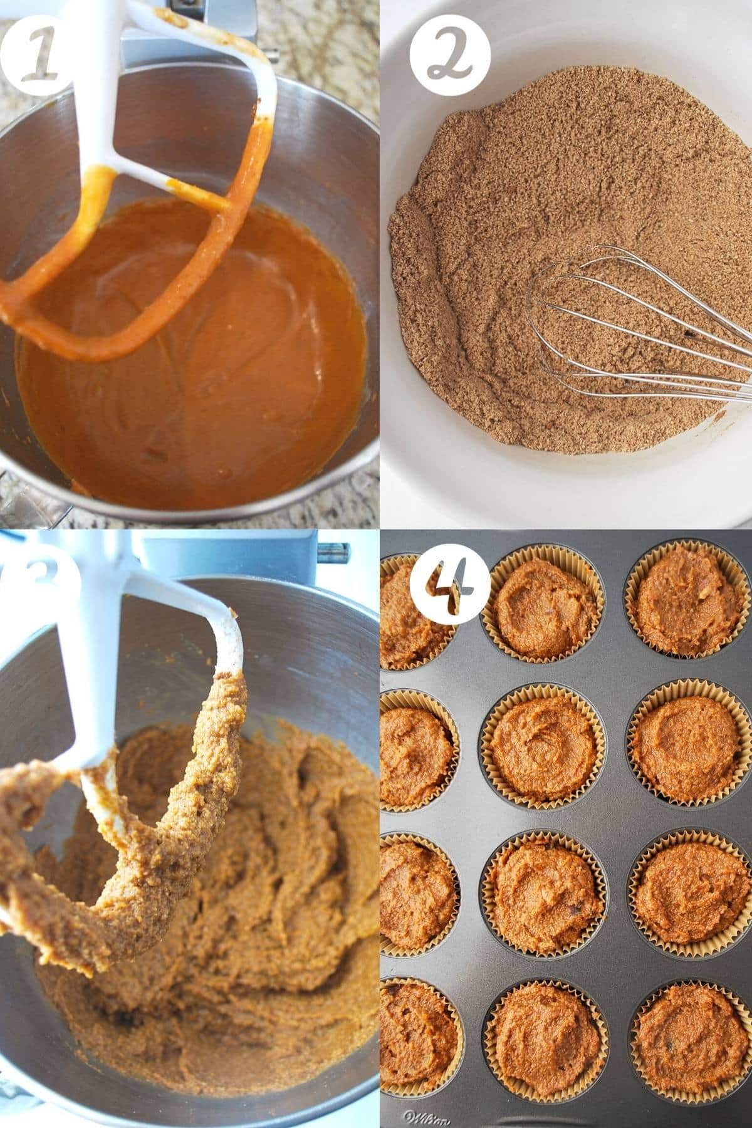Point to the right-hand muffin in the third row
coord(689,896)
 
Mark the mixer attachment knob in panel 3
coord(326,552)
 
